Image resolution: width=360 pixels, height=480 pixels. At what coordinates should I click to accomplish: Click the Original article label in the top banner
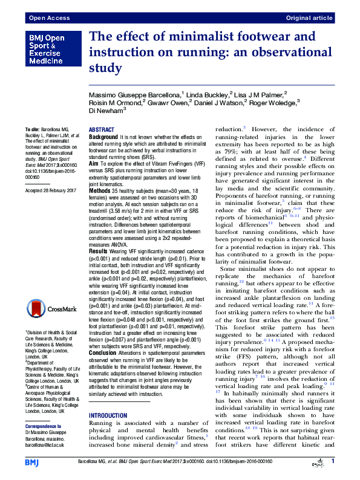point(309,18)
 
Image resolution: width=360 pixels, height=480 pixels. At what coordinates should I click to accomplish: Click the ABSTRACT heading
point(101,130)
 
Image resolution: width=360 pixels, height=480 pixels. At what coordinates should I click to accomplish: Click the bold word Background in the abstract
point(103,138)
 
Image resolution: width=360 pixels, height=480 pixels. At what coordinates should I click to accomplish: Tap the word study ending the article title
point(106,68)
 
